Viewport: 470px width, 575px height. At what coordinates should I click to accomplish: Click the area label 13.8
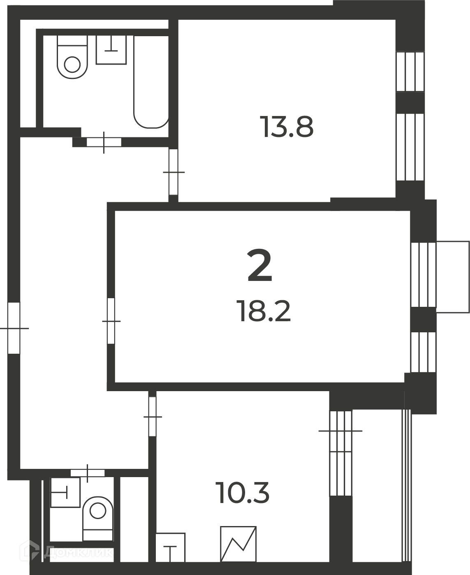[x=286, y=127]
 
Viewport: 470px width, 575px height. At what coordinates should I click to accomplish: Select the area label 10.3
[x=242, y=493]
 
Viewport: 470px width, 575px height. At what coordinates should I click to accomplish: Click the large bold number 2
[x=259, y=265]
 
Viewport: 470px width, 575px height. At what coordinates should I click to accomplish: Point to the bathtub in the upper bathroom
[x=151, y=82]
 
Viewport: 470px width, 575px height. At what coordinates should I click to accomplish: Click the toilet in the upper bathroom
[x=72, y=57]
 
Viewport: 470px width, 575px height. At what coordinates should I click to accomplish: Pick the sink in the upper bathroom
[x=111, y=50]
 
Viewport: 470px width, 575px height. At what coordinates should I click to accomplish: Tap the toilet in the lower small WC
[x=98, y=518]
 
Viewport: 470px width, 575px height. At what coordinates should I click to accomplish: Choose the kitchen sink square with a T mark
[x=170, y=547]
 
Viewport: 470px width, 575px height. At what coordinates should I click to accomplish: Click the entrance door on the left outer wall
[x=14, y=328]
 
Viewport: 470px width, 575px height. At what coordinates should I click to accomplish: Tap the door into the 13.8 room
[x=174, y=172]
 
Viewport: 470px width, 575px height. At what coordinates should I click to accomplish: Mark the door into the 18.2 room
[x=111, y=321]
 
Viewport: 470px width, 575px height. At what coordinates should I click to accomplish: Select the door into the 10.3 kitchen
[x=153, y=417]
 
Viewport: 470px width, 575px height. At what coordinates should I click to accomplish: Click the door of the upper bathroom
[x=104, y=142]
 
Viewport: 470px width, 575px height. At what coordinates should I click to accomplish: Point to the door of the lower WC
[x=88, y=473]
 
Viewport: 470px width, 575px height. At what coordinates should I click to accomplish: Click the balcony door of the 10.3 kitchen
[x=340, y=431]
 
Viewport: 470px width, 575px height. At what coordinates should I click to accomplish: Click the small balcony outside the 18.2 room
[x=453, y=277]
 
